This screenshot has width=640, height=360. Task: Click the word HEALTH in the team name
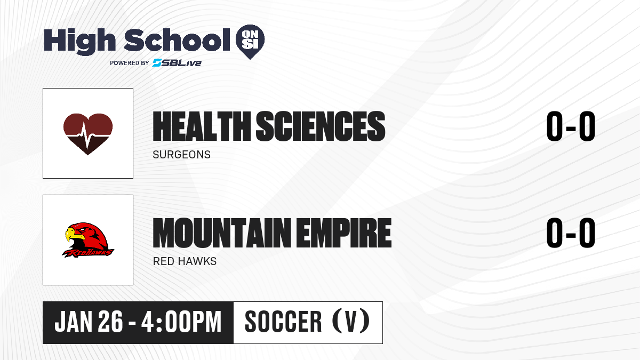202,126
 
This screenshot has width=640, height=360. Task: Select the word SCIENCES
321,126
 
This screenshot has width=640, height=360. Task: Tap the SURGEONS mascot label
181,155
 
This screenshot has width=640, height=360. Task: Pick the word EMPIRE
343,233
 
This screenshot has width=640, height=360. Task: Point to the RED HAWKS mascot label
185,261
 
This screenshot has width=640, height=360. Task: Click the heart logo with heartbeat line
88,134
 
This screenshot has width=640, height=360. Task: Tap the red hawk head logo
88,240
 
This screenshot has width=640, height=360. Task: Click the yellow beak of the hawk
73,235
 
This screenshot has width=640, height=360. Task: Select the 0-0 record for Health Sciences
571,126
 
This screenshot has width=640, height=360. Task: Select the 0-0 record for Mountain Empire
571,233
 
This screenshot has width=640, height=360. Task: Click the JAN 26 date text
89,322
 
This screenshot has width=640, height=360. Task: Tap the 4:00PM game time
181,322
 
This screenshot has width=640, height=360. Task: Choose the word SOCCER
283,322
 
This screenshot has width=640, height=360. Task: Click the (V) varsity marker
351,321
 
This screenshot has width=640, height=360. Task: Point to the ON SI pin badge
250,42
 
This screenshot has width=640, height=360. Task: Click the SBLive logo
177,63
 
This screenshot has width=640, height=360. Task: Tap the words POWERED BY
130,63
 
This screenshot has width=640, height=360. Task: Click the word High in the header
79,42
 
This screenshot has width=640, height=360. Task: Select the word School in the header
177,40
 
